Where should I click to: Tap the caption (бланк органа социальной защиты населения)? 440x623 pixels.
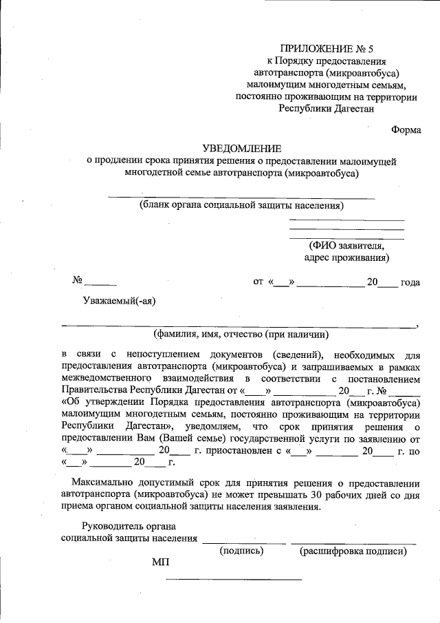(x=241, y=205)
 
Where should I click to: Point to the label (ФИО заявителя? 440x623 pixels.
(x=346, y=245)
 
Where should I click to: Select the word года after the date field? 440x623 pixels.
(x=410, y=282)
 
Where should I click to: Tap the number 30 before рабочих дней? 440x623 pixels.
(x=316, y=494)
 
